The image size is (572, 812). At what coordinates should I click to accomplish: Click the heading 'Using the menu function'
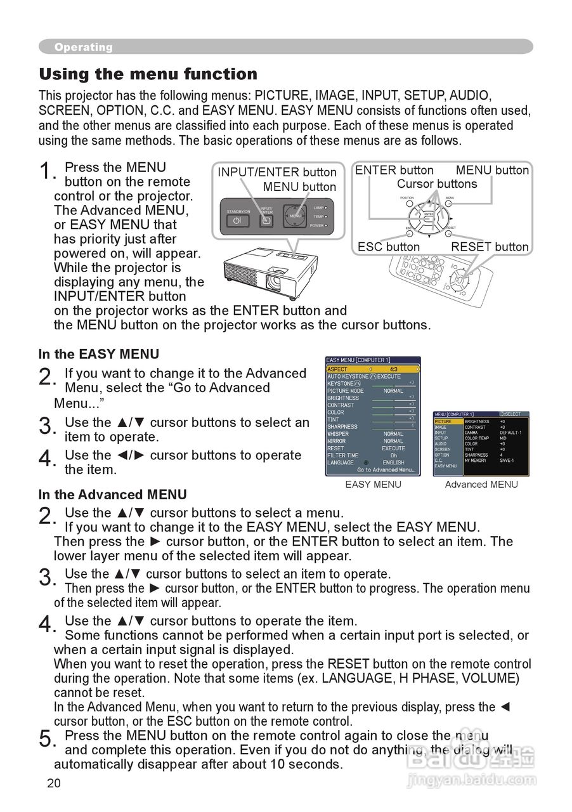(148, 74)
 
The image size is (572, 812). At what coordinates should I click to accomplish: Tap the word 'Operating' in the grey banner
(83, 47)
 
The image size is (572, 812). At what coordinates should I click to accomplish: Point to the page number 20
(54, 783)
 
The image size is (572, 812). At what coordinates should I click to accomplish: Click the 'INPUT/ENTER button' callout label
(277, 172)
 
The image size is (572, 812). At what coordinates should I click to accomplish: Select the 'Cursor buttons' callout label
(437, 184)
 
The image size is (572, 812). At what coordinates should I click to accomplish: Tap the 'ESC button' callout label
(389, 247)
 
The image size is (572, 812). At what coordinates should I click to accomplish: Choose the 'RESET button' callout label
(490, 247)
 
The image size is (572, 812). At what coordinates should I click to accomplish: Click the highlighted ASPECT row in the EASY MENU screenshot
(373, 369)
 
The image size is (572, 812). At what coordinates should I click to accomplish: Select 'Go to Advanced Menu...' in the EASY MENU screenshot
(386, 470)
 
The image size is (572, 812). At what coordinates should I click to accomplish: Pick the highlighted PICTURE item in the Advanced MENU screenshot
(443, 421)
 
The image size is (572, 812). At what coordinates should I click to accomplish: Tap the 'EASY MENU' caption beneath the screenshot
(373, 485)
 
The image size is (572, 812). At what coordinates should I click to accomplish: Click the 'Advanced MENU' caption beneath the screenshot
(481, 485)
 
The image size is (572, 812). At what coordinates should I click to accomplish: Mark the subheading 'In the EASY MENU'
(99, 354)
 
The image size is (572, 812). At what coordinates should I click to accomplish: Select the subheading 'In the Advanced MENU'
(113, 494)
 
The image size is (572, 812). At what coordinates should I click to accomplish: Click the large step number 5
(46, 739)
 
